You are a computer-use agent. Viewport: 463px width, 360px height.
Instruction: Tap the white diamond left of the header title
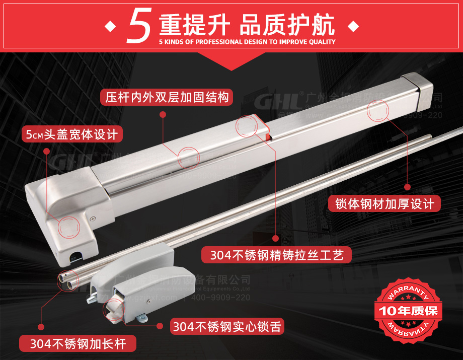pyautogui.click(x=109, y=26)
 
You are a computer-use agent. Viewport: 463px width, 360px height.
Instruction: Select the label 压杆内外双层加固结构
pyautogui.click(x=167, y=97)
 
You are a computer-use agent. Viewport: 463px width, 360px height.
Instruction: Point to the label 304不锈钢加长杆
pyautogui.click(x=78, y=344)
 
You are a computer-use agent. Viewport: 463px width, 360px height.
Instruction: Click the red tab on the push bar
pyautogui.click(x=262, y=128)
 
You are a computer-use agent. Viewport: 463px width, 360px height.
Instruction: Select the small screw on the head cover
pyautogui.click(x=94, y=219)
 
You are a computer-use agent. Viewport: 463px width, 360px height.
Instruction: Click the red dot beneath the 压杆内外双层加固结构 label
pyautogui.click(x=162, y=115)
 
